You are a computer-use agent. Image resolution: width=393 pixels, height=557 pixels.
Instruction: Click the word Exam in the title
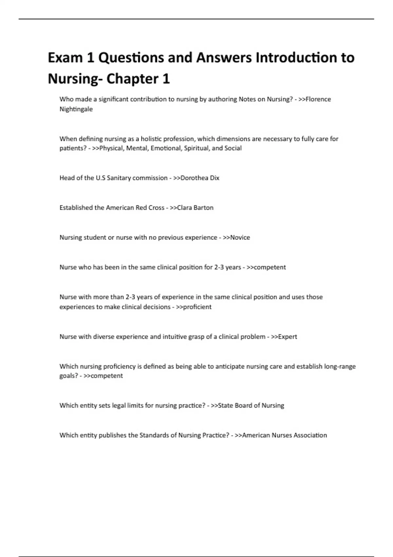[65, 58]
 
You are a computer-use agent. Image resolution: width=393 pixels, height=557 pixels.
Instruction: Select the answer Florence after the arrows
[318, 99]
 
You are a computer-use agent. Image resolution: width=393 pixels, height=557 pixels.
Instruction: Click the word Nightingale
[76, 109]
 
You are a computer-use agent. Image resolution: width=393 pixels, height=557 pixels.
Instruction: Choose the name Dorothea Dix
[200, 178]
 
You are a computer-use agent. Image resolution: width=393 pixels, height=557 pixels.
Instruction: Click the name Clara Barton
[195, 208]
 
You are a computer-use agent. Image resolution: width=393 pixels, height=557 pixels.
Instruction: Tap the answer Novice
[240, 238]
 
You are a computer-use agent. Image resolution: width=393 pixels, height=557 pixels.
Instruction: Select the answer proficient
[197, 307]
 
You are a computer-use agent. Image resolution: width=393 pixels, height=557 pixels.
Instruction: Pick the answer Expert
[288, 337]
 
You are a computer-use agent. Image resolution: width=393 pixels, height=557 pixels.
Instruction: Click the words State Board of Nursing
[251, 406]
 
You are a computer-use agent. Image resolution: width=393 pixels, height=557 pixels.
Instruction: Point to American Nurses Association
[284, 435]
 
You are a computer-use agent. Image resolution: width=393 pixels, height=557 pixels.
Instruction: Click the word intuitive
[175, 337]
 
